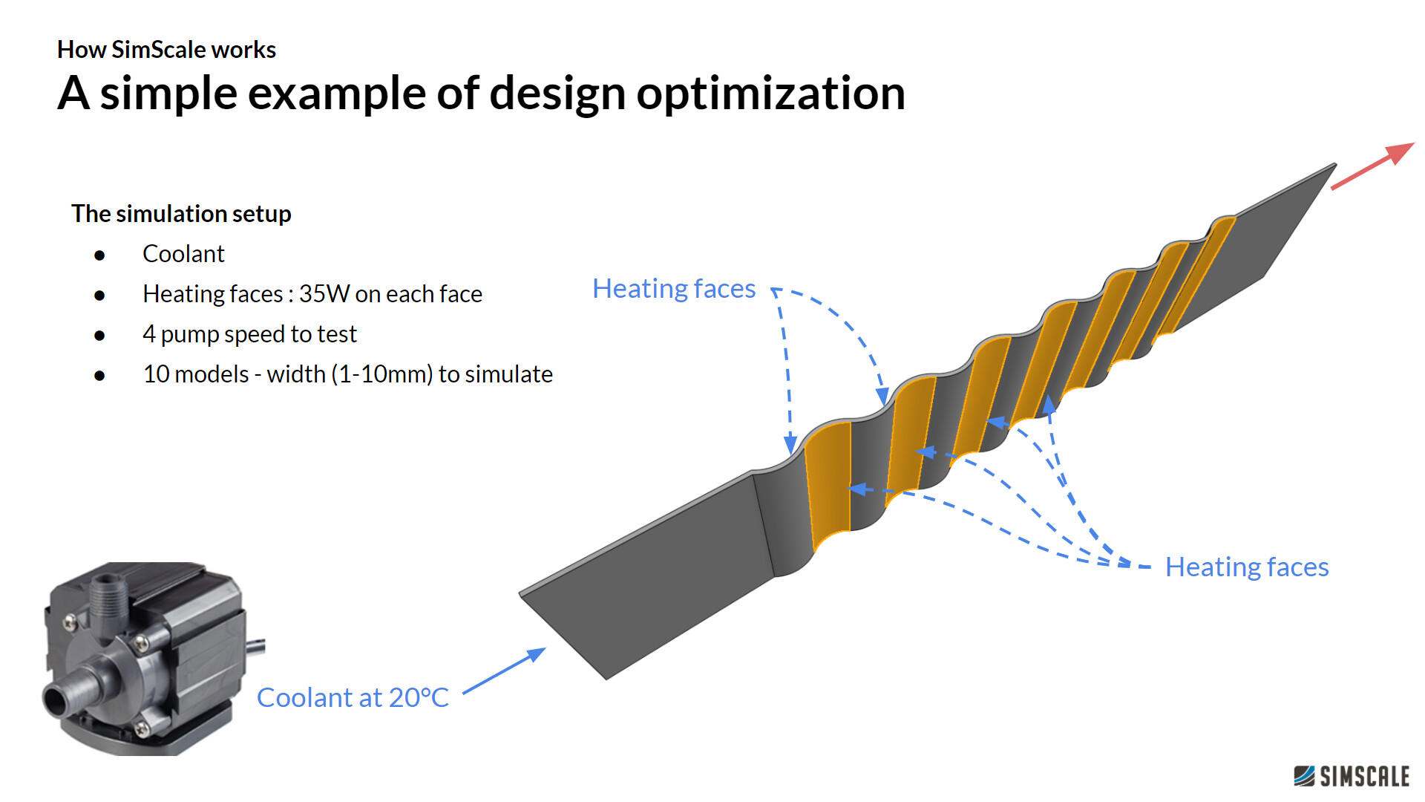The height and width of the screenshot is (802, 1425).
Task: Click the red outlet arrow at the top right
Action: pos(1372,166)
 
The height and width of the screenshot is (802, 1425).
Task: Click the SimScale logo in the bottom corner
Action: pos(1351,776)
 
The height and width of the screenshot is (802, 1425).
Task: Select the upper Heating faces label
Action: pos(673,289)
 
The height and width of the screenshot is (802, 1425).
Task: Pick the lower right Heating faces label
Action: pos(1246,567)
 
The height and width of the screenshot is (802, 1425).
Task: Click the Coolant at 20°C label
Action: pos(353,698)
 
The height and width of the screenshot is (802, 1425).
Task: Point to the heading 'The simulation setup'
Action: pos(181,214)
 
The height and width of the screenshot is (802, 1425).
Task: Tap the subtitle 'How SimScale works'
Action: pos(166,50)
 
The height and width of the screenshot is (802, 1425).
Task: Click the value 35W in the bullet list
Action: pos(324,294)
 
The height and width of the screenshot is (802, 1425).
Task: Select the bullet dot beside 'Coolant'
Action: pos(99,255)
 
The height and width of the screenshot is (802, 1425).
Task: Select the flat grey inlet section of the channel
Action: pos(646,572)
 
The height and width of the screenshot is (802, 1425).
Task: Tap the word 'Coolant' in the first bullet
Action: pos(183,254)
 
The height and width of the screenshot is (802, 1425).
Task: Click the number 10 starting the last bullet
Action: pos(156,374)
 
